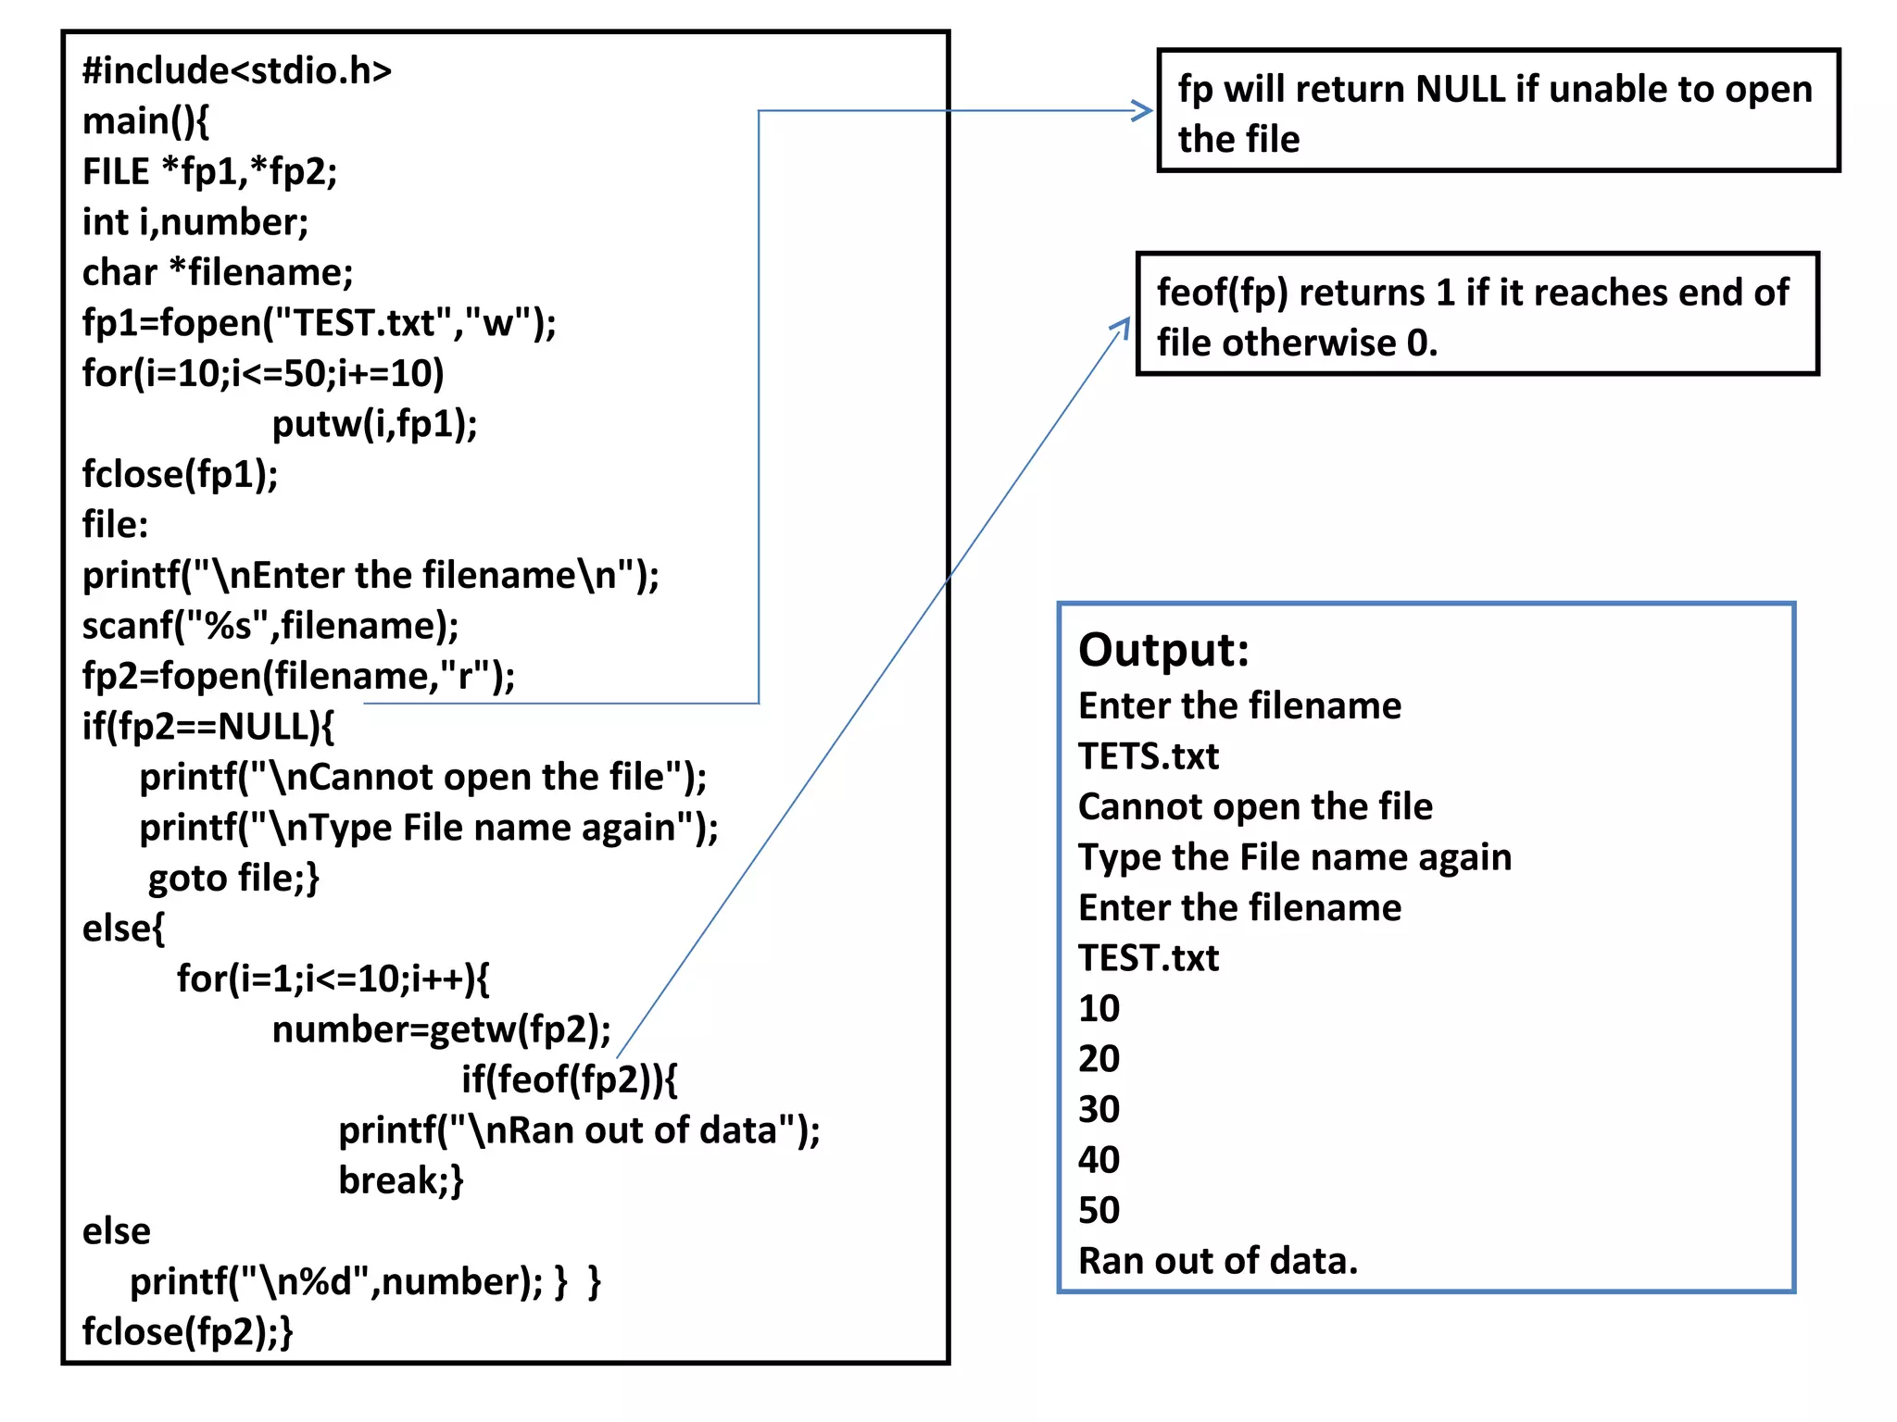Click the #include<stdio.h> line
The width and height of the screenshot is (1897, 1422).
[237, 71]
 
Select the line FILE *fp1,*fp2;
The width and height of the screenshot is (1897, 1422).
[209, 172]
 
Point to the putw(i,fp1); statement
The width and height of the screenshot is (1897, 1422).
[374, 424]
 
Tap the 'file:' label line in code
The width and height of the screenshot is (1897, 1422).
[115, 525]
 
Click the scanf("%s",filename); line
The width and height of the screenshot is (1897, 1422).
[270, 626]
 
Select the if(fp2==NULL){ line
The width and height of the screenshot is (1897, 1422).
[208, 727]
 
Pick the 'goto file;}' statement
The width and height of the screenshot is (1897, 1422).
[233, 878]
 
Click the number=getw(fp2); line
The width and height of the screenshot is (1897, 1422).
[441, 1029]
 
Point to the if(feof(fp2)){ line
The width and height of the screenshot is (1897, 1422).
[569, 1079]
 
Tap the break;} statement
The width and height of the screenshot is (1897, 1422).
[400, 1180]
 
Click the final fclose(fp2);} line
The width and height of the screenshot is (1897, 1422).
[187, 1331]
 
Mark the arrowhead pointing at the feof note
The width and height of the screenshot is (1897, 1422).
[1123, 326]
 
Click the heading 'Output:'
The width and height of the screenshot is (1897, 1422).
[1163, 650]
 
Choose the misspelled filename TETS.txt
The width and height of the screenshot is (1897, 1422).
[1149, 756]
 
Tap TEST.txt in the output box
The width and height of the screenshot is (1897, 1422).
[1149, 958]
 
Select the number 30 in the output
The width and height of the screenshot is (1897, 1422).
[1099, 1109]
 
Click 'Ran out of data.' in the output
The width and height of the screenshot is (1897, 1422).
[1217, 1261]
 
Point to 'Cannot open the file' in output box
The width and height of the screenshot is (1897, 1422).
[1255, 807]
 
